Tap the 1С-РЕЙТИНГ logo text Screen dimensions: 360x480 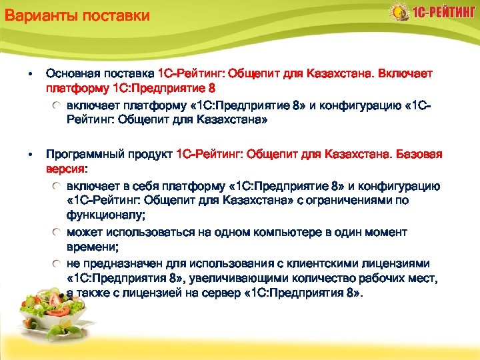pyautogui.click(x=443, y=13)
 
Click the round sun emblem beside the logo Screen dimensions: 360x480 pyautogui.click(x=398, y=12)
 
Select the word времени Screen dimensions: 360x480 pyautogui.click(x=91, y=247)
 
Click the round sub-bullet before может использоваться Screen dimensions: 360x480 pyautogui.click(x=59, y=232)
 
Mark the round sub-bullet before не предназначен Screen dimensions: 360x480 pyautogui.click(x=59, y=263)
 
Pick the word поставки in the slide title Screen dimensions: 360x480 pyautogui.click(x=117, y=15)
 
